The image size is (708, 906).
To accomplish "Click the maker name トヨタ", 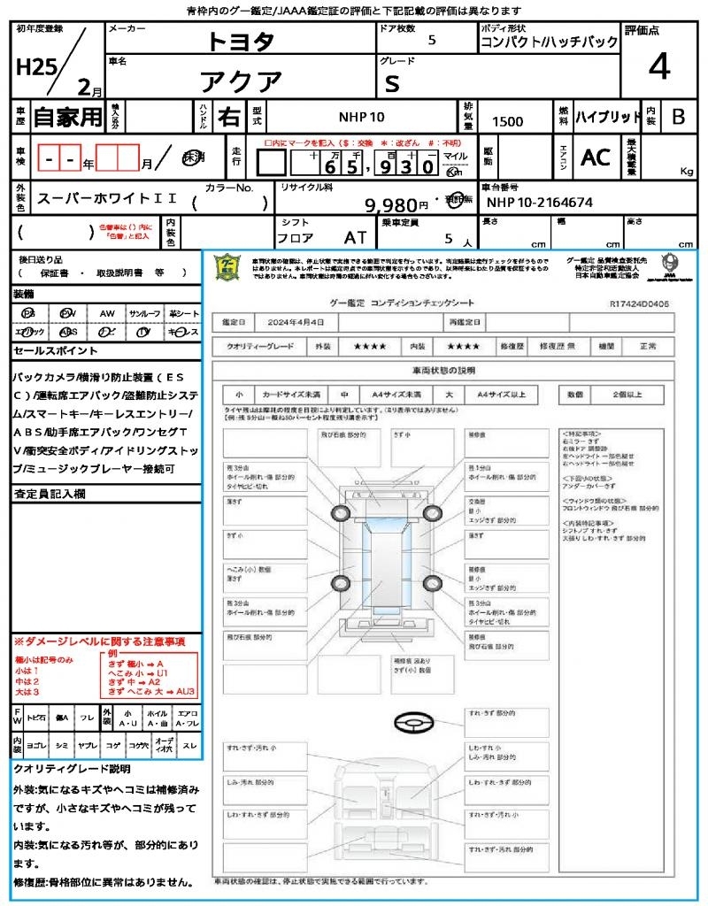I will tap(241, 41).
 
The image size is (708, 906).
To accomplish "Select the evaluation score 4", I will tap(658, 67).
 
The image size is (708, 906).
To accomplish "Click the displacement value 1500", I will tap(507, 122).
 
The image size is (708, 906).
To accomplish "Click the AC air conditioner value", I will tap(596, 157).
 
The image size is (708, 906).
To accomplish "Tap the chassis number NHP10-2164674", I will tap(539, 202).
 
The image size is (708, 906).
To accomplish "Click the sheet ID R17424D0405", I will tap(639, 303).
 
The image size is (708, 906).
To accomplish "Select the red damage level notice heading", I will tap(99, 641).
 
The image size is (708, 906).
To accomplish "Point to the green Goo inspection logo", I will tap(228, 267).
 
